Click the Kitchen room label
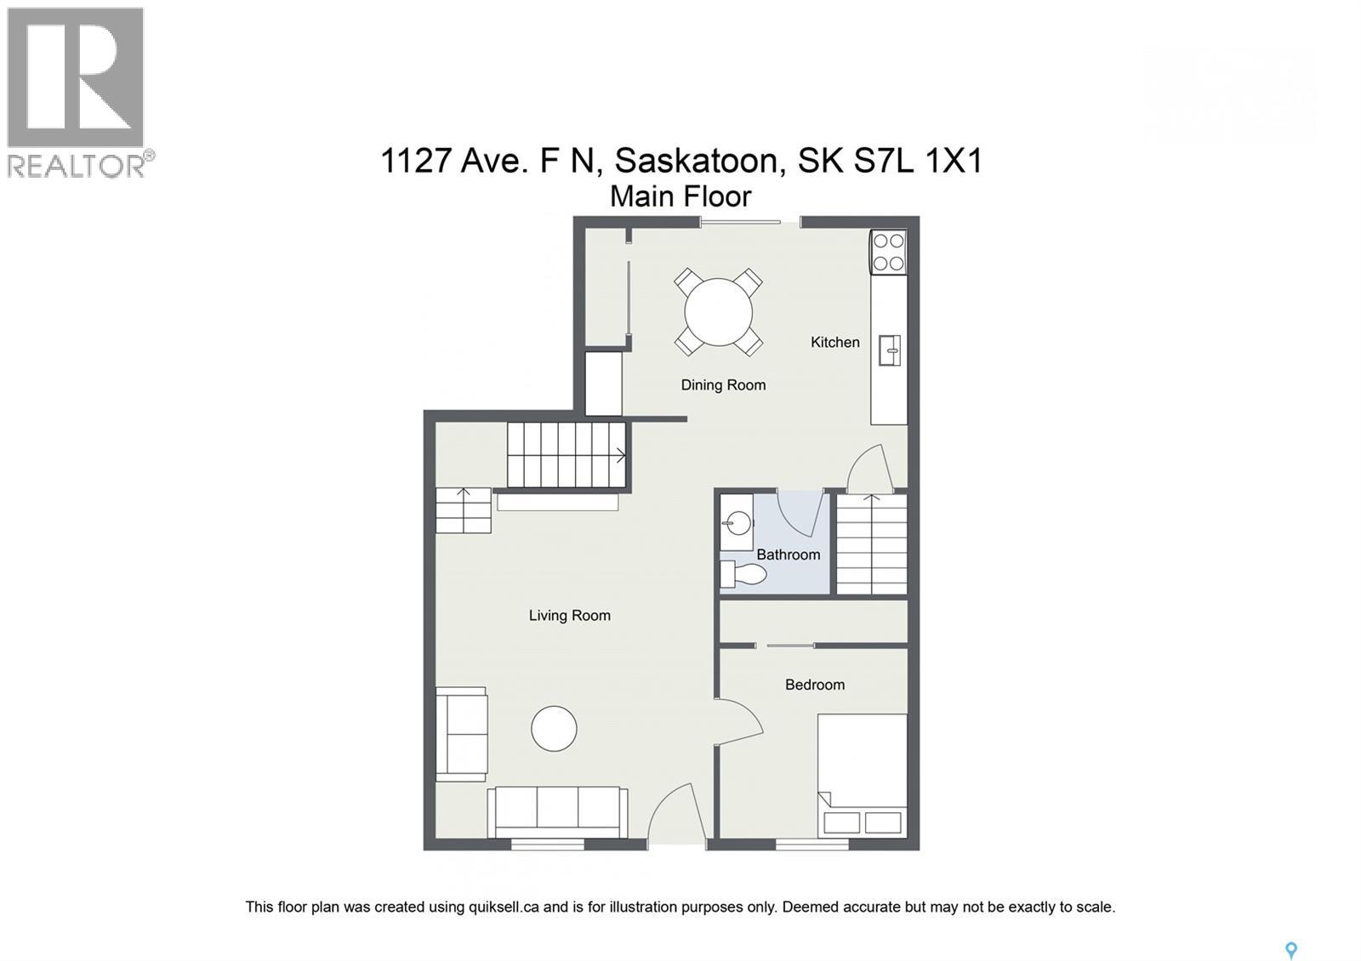(x=834, y=342)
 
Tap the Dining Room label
(x=723, y=384)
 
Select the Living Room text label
(x=569, y=615)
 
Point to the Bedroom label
(x=814, y=684)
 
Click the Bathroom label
(x=788, y=554)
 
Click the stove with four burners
(x=888, y=252)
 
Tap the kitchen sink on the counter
(x=890, y=350)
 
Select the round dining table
(x=719, y=312)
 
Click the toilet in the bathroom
(x=742, y=574)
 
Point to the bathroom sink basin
(x=737, y=523)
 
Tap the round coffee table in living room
(x=554, y=729)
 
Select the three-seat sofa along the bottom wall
(x=558, y=812)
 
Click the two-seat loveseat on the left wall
(x=461, y=734)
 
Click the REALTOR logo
(x=77, y=92)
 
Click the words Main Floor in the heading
(x=680, y=196)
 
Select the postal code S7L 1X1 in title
(x=918, y=160)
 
